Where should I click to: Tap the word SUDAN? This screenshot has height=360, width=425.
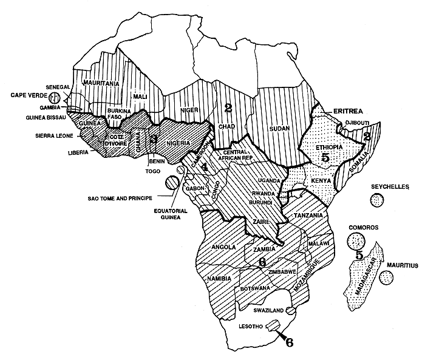(x=277, y=129)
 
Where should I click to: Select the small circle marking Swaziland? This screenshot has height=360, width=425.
(x=290, y=310)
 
